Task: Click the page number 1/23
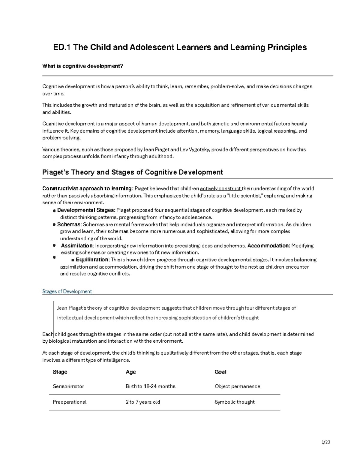coord(325,442)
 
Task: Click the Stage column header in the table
coord(60,372)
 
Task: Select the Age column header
coord(131,372)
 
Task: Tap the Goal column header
coord(220,372)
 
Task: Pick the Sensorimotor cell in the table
coord(68,386)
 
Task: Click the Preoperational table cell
coord(70,402)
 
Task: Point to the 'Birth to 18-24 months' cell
coord(150,386)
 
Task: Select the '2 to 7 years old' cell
coord(143,402)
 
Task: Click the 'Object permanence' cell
coord(237,386)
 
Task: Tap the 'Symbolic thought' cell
coord(234,402)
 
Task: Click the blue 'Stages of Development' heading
coord(67,291)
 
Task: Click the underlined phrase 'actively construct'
coord(220,188)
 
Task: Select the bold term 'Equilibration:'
coord(93,260)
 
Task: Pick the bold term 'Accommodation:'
coord(268,245)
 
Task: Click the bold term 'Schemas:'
coord(69,224)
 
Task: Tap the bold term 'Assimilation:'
coord(77,245)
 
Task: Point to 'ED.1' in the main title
coord(62,47)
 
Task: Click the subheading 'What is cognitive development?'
coord(83,66)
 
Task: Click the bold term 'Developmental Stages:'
coord(86,210)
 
